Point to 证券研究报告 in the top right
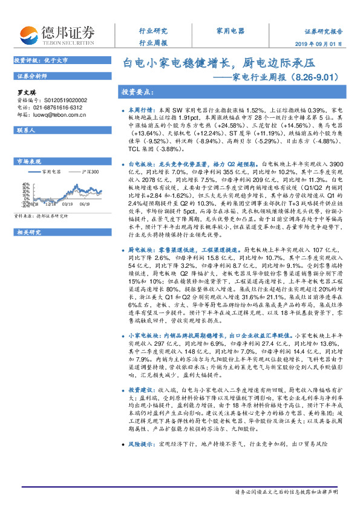click(323, 31)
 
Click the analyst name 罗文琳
click(25, 91)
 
